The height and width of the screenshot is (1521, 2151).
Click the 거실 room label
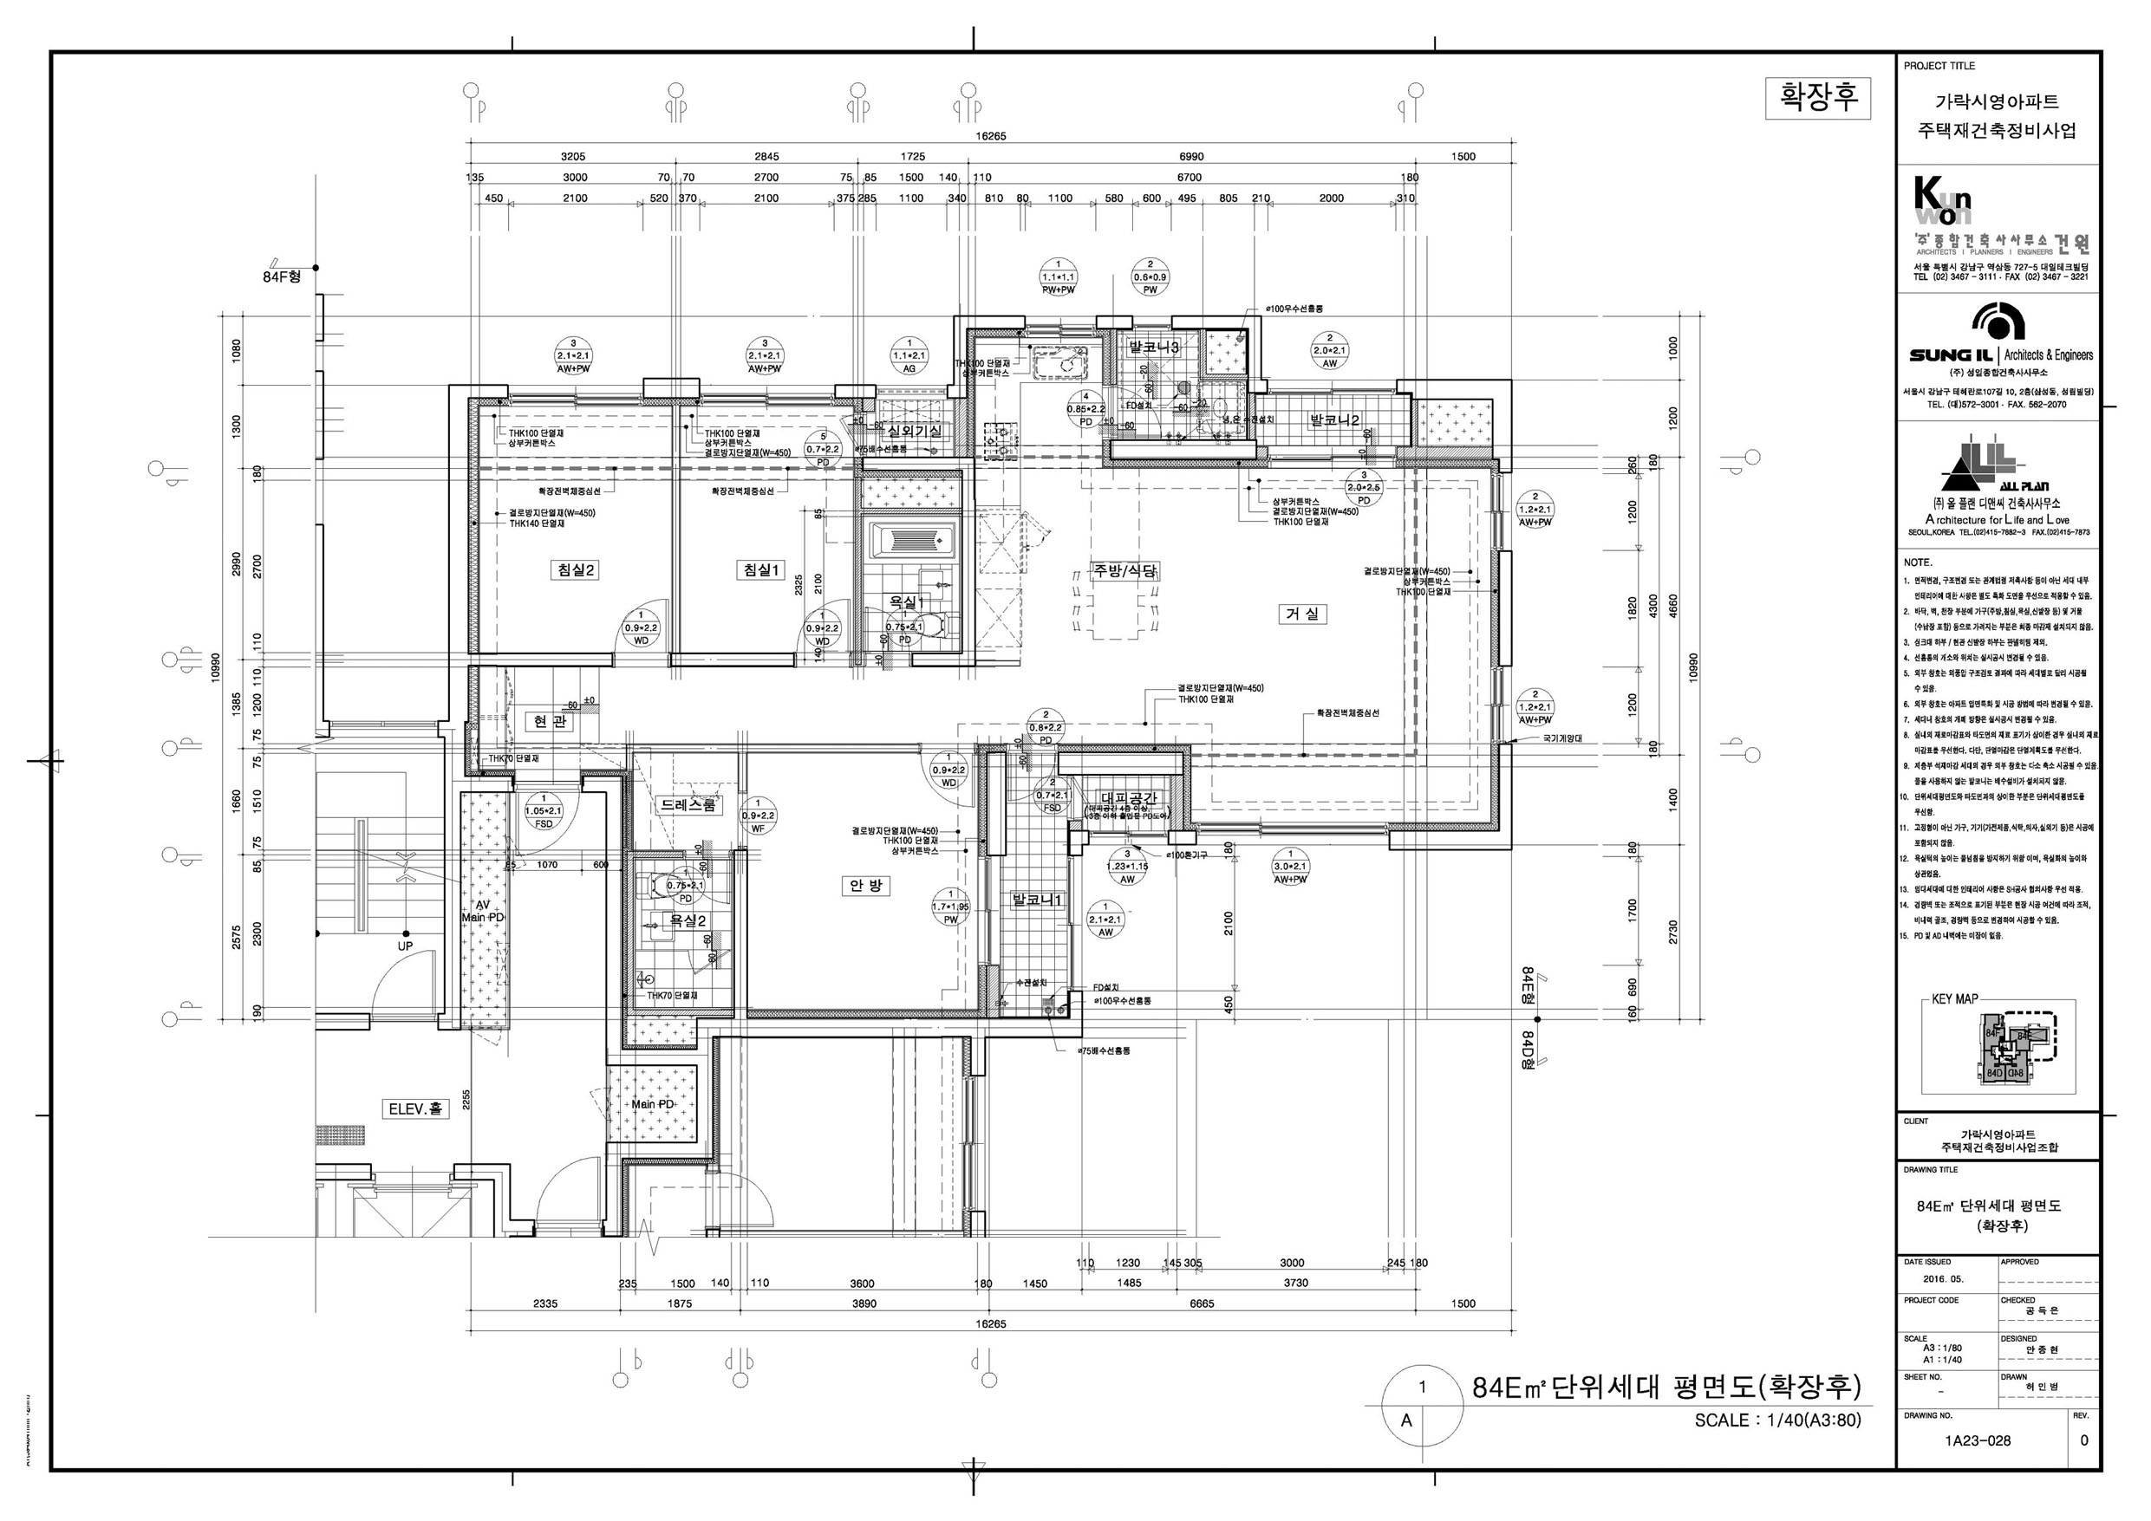point(1301,614)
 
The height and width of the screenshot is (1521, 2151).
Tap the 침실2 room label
point(577,569)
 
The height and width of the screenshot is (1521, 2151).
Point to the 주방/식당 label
point(1124,570)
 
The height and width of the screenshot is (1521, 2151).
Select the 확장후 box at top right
point(1817,97)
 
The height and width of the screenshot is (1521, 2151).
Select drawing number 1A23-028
point(1976,1440)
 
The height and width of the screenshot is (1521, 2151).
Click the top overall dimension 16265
point(990,136)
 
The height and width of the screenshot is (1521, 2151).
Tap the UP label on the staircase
point(405,946)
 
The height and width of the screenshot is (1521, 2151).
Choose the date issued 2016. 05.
point(1942,1278)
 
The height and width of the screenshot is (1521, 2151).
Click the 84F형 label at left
point(281,277)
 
